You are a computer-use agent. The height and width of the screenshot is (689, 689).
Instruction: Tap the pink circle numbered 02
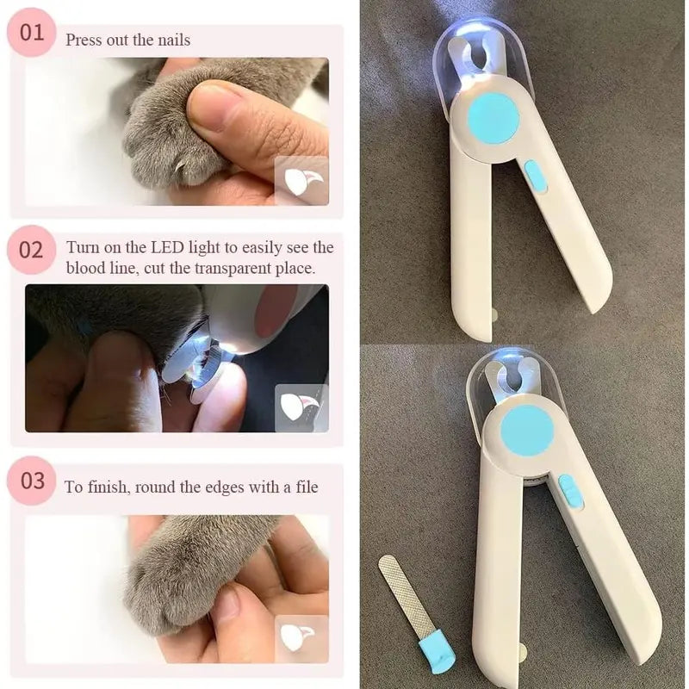click(x=31, y=250)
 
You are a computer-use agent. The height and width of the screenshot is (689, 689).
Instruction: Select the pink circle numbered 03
click(x=31, y=480)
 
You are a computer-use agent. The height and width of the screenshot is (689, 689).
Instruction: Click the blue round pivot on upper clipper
click(x=493, y=116)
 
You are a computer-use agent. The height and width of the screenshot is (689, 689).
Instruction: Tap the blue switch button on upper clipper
click(x=536, y=176)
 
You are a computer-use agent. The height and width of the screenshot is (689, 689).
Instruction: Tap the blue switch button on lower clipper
click(x=570, y=492)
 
